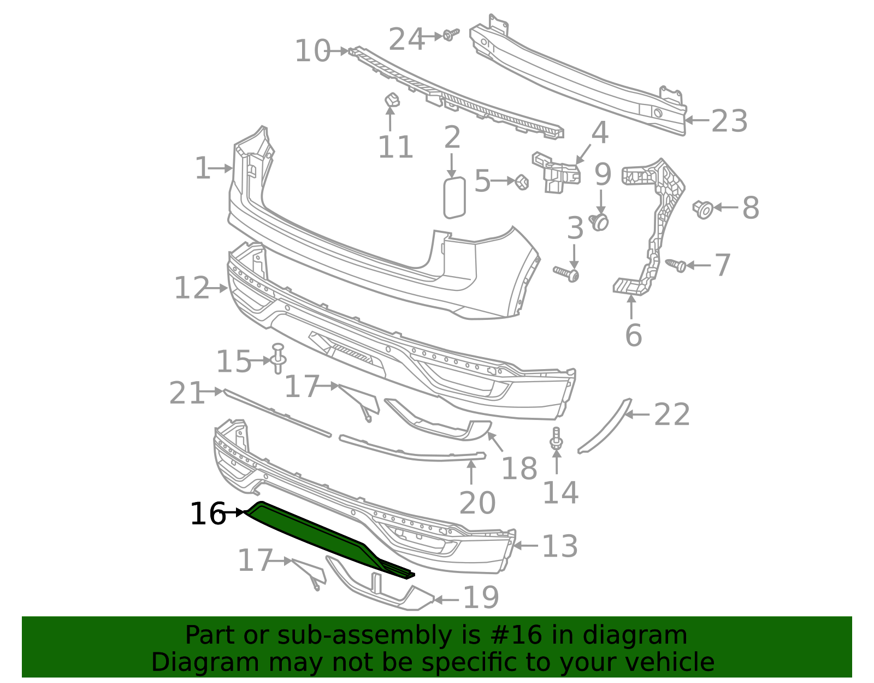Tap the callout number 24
pyautogui.click(x=406, y=39)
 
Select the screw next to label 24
pyautogui.click(x=450, y=35)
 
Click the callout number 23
pyautogui.click(x=729, y=121)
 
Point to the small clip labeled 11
pyautogui.click(x=391, y=101)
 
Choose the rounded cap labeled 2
pyautogui.click(x=454, y=197)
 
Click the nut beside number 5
pyautogui.click(x=522, y=182)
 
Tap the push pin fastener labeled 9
pyautogui.click(x=600, y=221)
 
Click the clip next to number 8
pyautogui.click(x=704, y=209)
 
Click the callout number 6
pyautogui.click(x=633, y=335)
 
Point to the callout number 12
pyautogui.click(x=191, y=288)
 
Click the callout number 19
pyautogui.click(x=481, y=598)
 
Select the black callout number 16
pyautogui.click(x=207, y=514)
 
